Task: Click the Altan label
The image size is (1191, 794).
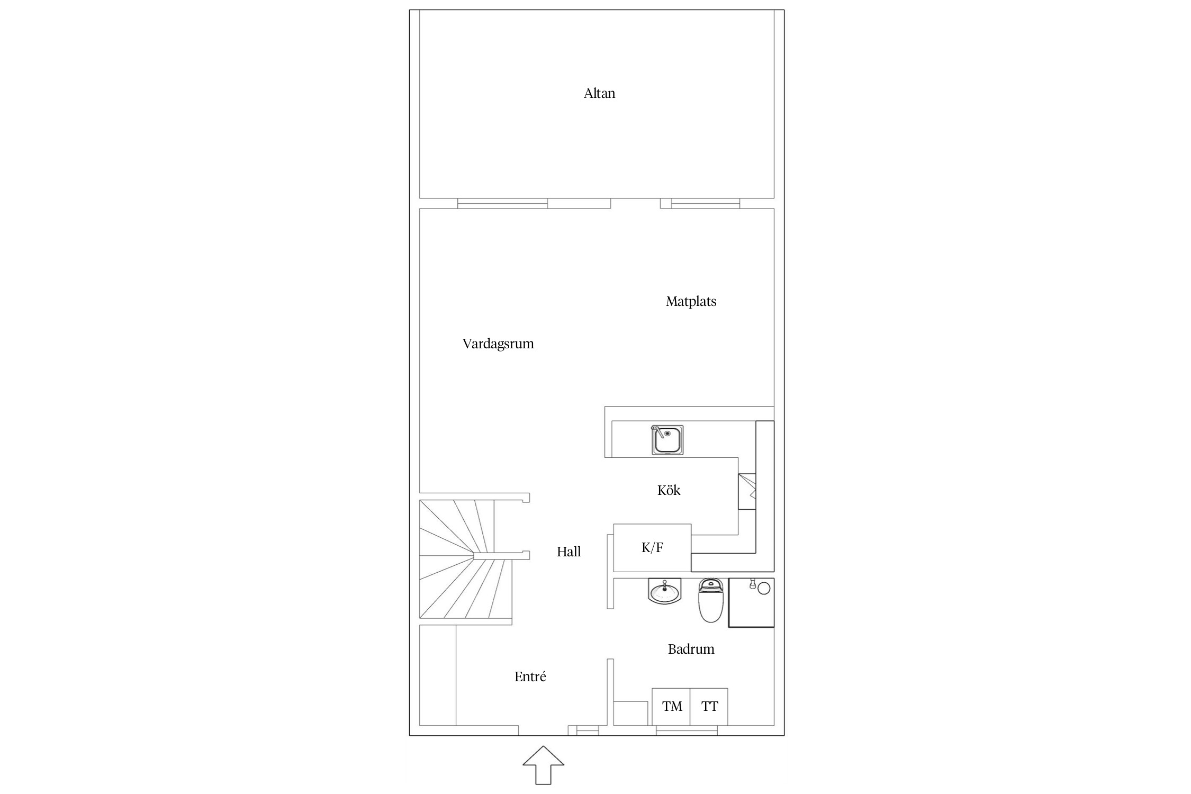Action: [599, 94]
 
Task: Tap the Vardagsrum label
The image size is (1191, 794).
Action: [498, 344]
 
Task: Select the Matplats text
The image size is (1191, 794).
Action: [691, 302]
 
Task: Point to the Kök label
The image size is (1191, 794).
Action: [669, 490]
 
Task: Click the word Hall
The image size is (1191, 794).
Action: [569, 552]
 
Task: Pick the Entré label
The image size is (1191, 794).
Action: [530, 676]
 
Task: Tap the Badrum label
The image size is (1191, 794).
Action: [691, 649]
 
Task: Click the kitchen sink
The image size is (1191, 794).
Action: [667, 440]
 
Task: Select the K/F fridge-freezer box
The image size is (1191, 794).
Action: [652, 548]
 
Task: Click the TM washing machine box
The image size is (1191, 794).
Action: [671, 707]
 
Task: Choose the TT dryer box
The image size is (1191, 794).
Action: [709, 707]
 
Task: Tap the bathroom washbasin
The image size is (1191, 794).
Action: [664, 591]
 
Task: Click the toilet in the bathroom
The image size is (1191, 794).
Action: [710, 600]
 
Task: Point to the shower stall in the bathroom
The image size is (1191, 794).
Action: [751, 602]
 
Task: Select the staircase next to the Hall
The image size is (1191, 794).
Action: [466, 559]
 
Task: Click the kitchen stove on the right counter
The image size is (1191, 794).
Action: [747, 492]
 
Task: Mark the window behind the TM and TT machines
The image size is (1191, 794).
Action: [687, 730]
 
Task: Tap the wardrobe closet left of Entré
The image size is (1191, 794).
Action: [438, 675]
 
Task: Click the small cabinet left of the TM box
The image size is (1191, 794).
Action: [631, 713]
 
